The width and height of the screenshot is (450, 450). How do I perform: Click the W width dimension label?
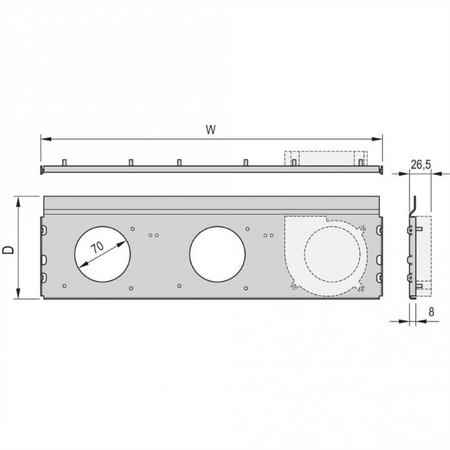pyautogui.click(x=212, y=130)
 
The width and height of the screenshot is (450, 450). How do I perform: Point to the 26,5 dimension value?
pyautogui.click(x=420, y=164)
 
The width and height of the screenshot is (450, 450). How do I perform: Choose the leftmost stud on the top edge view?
pyautogui.click(x=64, y=163)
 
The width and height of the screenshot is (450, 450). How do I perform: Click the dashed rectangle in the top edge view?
pyautogui.click(x=325, y=158)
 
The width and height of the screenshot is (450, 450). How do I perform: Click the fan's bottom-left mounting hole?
pyautogui.click(x=293, y=287)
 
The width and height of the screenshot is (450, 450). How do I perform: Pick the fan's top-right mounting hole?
pyautogui.click(x=362, y=227)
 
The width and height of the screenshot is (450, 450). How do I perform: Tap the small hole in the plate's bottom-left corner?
pyautogui.click(x=64, y=286)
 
